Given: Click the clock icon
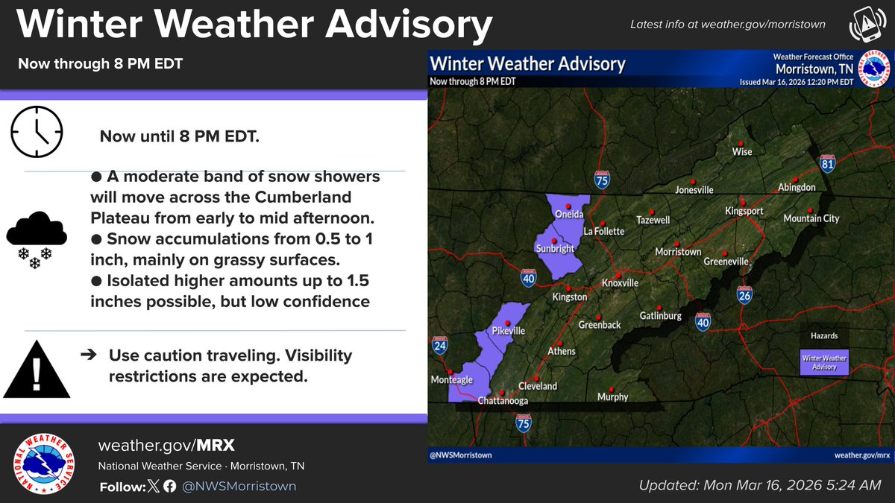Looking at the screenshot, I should [36, 131].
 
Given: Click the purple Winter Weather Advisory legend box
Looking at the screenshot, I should [823, 362].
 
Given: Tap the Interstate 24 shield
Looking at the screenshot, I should [439, 346].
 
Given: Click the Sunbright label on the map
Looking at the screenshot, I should [555, 248].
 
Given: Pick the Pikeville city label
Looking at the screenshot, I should [509, 330].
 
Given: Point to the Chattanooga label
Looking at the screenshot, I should [502, 401].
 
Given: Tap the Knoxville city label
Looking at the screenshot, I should [620, 284].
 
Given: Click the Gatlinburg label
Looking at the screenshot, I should [660, 316].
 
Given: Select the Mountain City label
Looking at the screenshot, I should [811, 218].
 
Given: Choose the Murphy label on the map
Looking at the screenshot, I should [612, 397].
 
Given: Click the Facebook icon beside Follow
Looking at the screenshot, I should [169, 487].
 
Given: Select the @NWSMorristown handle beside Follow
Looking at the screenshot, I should [239, 487].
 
